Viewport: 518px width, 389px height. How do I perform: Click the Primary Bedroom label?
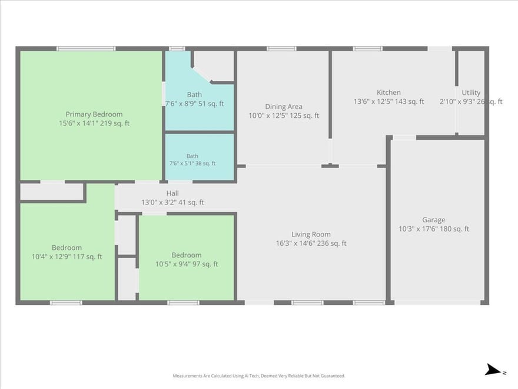point(94,114)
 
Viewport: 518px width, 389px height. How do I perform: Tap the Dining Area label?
point(284,107)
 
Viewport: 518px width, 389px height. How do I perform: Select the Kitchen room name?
point(389,93)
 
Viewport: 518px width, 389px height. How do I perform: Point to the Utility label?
point(471,93)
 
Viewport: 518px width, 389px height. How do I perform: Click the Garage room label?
point(434,220)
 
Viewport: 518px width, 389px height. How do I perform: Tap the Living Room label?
point(311,234)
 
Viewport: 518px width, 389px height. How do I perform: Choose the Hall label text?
point(172,193)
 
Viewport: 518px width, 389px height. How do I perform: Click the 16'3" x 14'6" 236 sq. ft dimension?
point(311,243)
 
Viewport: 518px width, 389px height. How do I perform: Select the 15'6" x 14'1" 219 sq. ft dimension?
point(94,123)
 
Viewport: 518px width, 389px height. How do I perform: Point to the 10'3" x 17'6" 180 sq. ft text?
point(434,229)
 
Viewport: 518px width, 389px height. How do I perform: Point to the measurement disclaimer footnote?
point(259,376)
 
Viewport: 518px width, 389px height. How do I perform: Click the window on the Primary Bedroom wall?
point(86,48)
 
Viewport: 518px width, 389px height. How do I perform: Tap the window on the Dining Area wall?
point(281,48)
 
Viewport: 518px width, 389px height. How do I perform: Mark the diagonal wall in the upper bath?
point(202,74)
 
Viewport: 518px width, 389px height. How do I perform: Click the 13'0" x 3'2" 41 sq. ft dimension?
point(172,202)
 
